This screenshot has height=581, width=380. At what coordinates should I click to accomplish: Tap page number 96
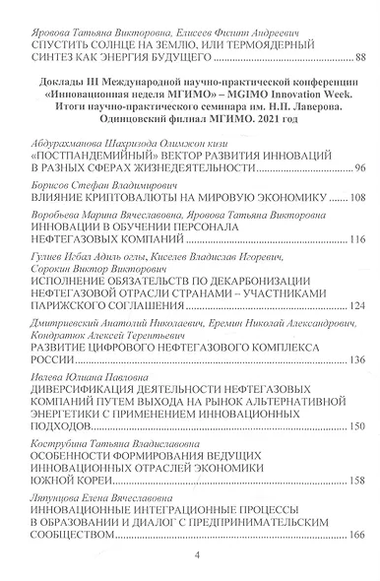[x=360, y=170]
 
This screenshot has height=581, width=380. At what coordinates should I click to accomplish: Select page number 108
[x=357, y=198]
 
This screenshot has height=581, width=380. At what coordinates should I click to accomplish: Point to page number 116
[x=357, y=239]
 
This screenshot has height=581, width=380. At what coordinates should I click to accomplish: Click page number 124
[x=357, y=306]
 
